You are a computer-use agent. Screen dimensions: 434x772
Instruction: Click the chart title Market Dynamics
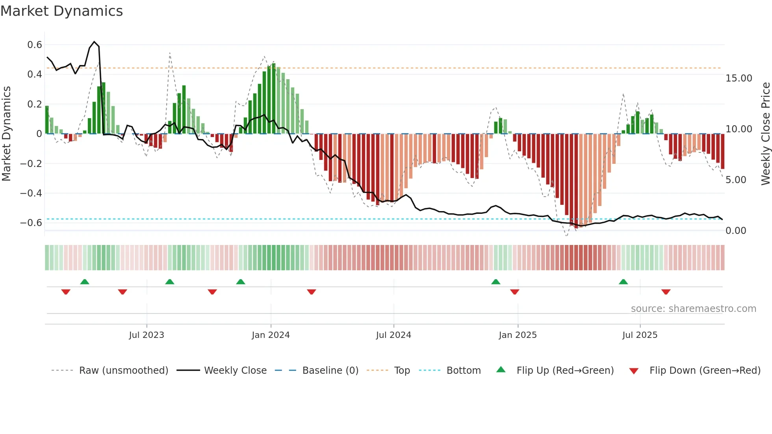[61, 11]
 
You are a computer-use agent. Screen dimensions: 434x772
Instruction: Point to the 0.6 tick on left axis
[34, 45]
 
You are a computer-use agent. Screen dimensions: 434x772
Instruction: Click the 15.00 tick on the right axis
[739, 78]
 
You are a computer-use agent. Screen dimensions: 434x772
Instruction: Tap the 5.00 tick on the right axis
[736, 180]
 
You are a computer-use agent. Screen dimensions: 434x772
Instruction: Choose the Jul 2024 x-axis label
[393, 335]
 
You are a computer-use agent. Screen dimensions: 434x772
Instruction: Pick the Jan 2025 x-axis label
[517, 335]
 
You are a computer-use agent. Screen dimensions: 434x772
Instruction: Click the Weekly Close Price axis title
[765, 134]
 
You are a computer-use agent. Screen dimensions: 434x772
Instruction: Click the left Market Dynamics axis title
[6, 134]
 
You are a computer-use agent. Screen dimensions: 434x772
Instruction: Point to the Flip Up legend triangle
[501, 369]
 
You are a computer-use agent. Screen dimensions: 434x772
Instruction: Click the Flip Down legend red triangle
[633, 371]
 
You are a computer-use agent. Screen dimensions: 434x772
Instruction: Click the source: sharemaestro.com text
[693, 309]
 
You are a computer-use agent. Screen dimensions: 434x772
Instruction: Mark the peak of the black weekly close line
[94, 42]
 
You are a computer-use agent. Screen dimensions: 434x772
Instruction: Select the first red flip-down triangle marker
[66, 292]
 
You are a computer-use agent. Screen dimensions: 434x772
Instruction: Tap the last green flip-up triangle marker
[623, 282]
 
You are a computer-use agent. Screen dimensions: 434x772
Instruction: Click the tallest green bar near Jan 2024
[273, 98]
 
